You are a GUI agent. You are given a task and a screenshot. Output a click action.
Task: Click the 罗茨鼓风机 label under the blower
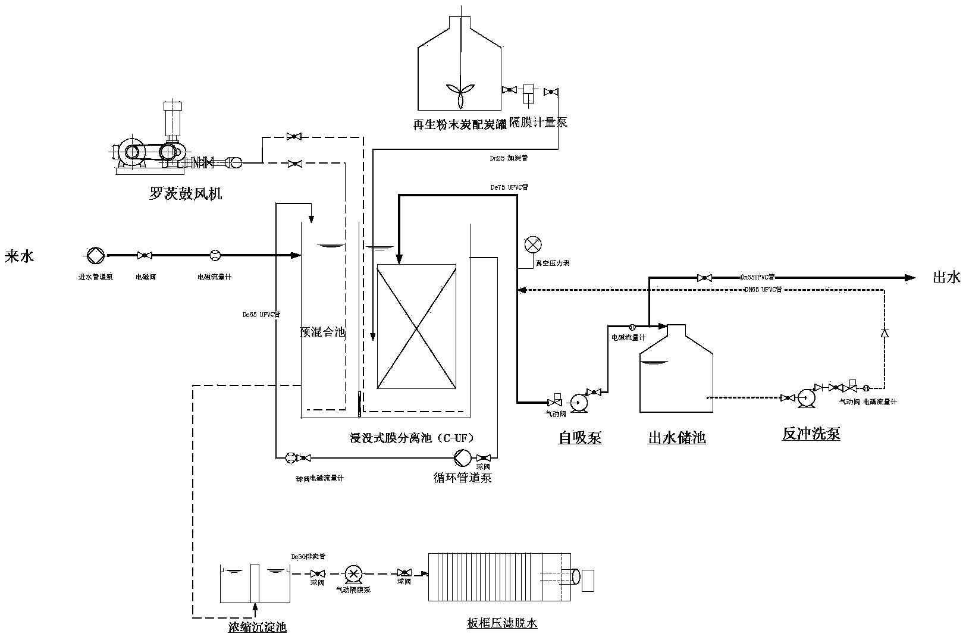(x=185, y=194)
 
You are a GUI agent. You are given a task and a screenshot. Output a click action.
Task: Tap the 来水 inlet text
(x=20, y=256)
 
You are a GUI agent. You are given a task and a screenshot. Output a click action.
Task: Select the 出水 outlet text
(x=946, y=277)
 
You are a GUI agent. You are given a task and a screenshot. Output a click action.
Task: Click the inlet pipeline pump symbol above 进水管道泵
(x=95, y=256)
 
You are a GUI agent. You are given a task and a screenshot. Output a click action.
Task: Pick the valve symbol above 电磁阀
(x=143, y=256)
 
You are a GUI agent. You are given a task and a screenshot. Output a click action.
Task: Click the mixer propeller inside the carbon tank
(x=459, y=89)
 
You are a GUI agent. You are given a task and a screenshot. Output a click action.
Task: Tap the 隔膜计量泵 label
(x=538, y=123)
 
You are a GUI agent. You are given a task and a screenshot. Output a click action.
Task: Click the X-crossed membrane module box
(x=416, y=327)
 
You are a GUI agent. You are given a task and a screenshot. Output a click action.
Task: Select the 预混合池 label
(x=322, y=332)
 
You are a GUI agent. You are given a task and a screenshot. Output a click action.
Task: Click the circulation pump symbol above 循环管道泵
(x=462, y=457)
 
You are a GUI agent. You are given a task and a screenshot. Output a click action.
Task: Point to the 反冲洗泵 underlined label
(x=811, y=434)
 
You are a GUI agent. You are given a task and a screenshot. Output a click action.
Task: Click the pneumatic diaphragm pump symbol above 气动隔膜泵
(x=354, y=573)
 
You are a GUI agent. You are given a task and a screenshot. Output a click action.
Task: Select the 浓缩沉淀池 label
(x=258, y=627)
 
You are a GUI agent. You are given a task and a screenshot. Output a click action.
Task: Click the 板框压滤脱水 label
(x=502, y=623)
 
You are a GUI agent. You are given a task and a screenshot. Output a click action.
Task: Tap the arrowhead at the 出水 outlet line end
(x=909, y=277)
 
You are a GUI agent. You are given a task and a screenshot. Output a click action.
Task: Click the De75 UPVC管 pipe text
(x=509, y=187)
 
